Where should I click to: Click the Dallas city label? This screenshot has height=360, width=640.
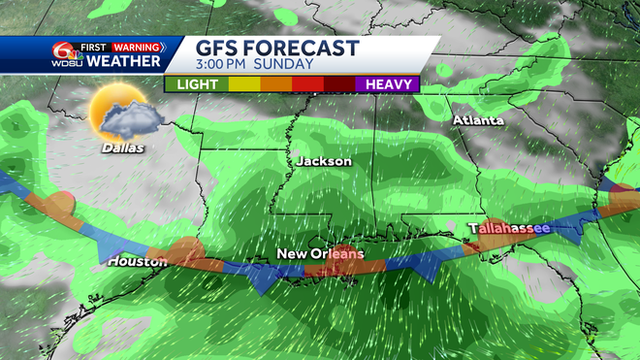pyautogui.click(x=122, y=148)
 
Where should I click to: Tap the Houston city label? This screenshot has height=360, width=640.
pyautogui.click(x=131, y=261)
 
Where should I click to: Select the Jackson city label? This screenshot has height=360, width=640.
pyautogui.click(x=323, y=161)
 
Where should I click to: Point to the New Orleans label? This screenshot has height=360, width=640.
pyautogui.click(x=320, y=254)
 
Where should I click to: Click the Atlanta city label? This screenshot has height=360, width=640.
pyautogui.click(x=478, y=120)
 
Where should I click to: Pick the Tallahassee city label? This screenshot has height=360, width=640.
pyautogui.click(x=508, y=228)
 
